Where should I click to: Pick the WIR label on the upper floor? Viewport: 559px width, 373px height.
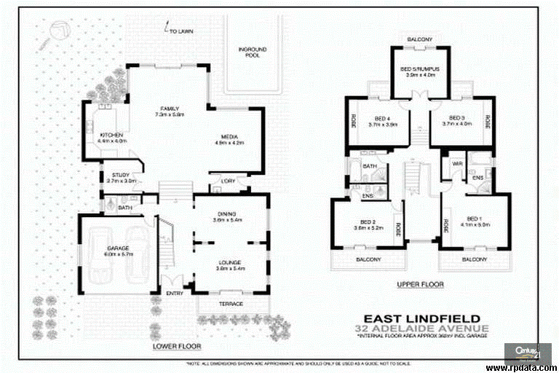point(456,164)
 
